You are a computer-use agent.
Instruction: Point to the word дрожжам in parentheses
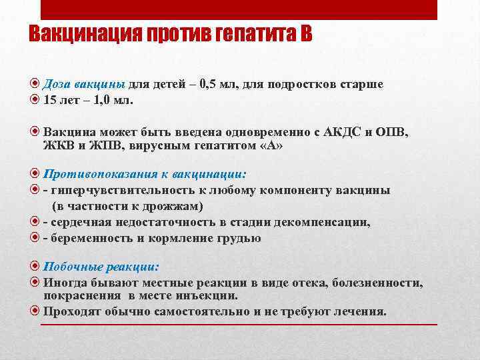point(175,206)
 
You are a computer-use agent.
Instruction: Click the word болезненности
point(375,283)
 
